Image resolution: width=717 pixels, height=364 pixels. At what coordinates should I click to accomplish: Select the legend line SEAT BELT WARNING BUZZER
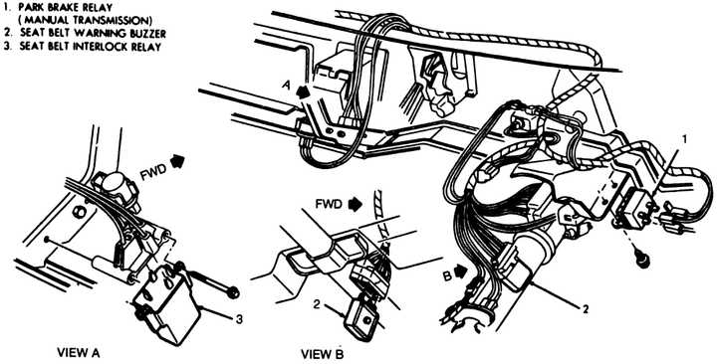point(93,34)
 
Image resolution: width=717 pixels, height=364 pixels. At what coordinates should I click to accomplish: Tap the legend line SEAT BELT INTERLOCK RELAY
point(90,47)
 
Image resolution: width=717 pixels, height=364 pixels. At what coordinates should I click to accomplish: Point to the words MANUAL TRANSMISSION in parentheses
point(85,21)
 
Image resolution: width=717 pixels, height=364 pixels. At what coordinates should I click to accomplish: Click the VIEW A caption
point(79,353)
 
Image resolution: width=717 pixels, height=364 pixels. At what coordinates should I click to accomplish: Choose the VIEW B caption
point(322,354)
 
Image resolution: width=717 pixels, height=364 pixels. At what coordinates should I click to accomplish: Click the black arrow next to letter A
point(303,91)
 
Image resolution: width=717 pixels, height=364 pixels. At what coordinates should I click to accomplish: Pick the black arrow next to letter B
point(461,271)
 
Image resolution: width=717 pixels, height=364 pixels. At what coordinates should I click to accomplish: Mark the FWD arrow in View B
point(355,204)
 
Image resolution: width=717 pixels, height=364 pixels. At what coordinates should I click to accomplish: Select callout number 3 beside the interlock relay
point(238,319)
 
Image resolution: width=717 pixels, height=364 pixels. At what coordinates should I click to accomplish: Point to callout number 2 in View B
point(316,302)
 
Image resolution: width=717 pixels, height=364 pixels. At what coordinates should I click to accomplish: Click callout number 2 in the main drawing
point(585,308)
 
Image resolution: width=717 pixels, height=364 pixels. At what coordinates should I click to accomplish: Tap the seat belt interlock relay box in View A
point(166,302)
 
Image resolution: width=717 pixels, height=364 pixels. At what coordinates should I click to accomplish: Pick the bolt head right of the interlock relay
point(233,291)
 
